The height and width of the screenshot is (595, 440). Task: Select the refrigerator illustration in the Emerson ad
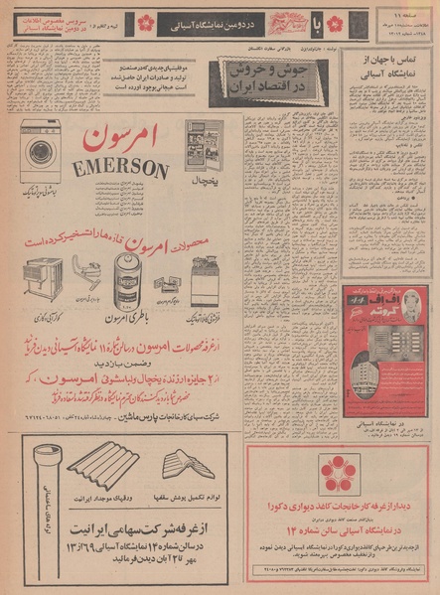tap(204, 145)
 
